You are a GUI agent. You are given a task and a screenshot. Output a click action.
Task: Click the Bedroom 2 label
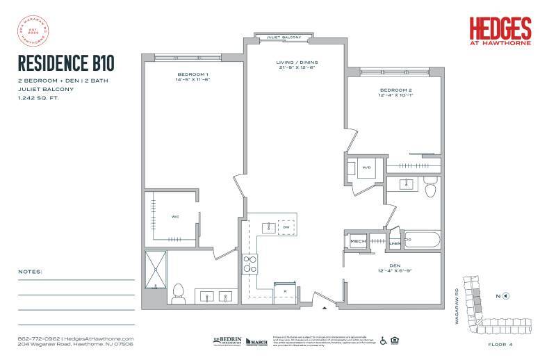click(395, 91)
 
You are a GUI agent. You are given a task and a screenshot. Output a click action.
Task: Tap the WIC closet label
click(177, 217)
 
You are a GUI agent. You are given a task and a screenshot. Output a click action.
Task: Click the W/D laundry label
click(366, 167)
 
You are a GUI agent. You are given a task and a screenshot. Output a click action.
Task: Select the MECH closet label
click(358, 241)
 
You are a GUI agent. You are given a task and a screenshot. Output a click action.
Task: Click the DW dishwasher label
click(285, 227)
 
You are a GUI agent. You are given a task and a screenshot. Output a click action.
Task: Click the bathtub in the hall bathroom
click(419, 240)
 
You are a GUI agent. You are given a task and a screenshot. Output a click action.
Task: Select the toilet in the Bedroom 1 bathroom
click(178, 292)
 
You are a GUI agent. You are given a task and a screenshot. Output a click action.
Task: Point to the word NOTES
click(31, 270)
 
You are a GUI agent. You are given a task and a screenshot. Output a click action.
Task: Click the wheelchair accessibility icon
click(382, 341)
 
